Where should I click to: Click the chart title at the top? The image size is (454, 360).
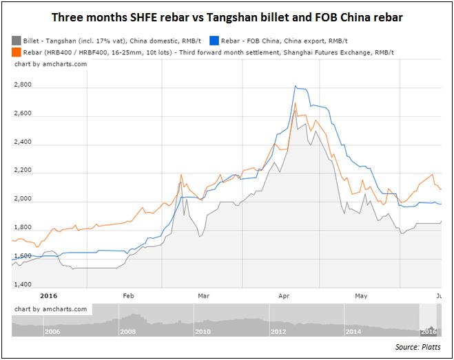coord(226,17)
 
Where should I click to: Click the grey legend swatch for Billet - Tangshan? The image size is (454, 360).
coord(17,41)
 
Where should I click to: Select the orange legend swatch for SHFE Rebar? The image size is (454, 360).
coord(17,52)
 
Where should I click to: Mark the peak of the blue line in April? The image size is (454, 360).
coord(295,86)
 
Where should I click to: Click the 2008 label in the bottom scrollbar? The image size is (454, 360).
coord(129,331)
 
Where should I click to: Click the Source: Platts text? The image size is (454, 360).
coord(418,347)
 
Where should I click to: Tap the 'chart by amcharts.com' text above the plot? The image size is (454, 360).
coord(41,64)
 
